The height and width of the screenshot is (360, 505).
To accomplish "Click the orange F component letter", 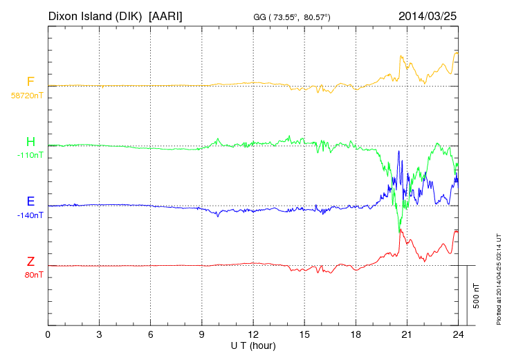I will click(30, 82).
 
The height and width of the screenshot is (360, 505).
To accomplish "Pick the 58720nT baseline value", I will click(26, 96).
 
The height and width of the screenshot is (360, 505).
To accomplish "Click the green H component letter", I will click(30, 142).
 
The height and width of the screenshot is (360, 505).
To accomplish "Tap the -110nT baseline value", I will click(30, 155).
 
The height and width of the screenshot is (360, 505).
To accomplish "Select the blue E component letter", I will click(30, 201).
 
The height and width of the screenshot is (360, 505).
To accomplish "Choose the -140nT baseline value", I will click(30, 215).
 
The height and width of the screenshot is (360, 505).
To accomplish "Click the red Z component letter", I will click(30, 262).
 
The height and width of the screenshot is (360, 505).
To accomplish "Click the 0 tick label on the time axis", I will click(48, 335).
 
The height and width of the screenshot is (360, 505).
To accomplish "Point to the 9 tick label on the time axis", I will click(202, 335).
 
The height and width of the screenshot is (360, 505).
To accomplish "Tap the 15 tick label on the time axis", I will click(304, 335).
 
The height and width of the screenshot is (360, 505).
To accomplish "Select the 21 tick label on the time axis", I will click(407, 335).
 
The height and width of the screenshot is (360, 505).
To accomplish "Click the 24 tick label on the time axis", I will click(458, 335).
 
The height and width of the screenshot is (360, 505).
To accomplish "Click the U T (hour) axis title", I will click(252, 345).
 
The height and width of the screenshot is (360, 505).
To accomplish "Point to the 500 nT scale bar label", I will click(477, 296).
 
